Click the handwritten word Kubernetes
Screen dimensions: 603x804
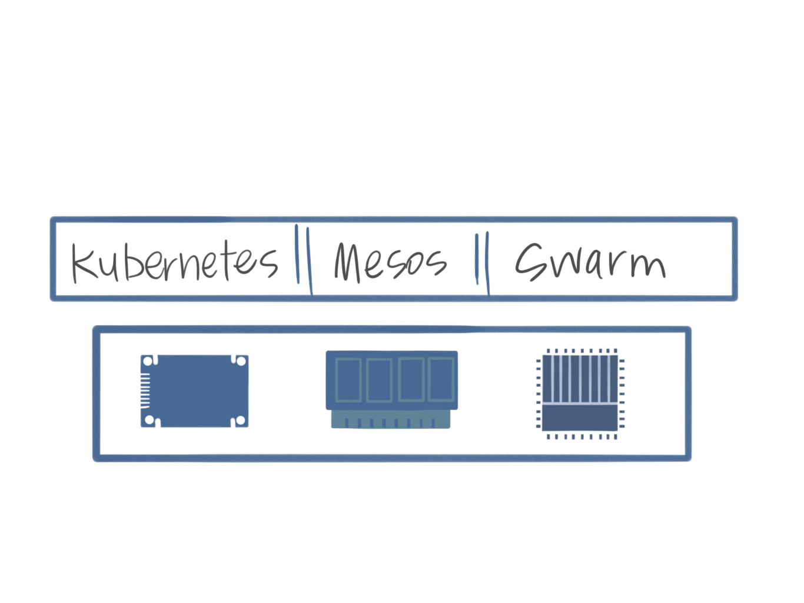[x=174, y=262]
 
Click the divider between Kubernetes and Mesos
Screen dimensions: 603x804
[x=303, y=258]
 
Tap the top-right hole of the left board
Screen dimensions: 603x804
[x=241, y=360]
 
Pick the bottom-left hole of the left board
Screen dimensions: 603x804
[x=149, y=420]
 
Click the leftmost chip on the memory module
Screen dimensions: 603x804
[x=347, y=379]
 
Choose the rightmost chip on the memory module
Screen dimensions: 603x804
[x=440, y=379]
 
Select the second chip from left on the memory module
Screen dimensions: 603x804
[x=378, y=380]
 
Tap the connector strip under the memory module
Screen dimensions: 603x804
[x=391, y=420]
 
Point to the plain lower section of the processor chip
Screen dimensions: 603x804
[x=580, y=418]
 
